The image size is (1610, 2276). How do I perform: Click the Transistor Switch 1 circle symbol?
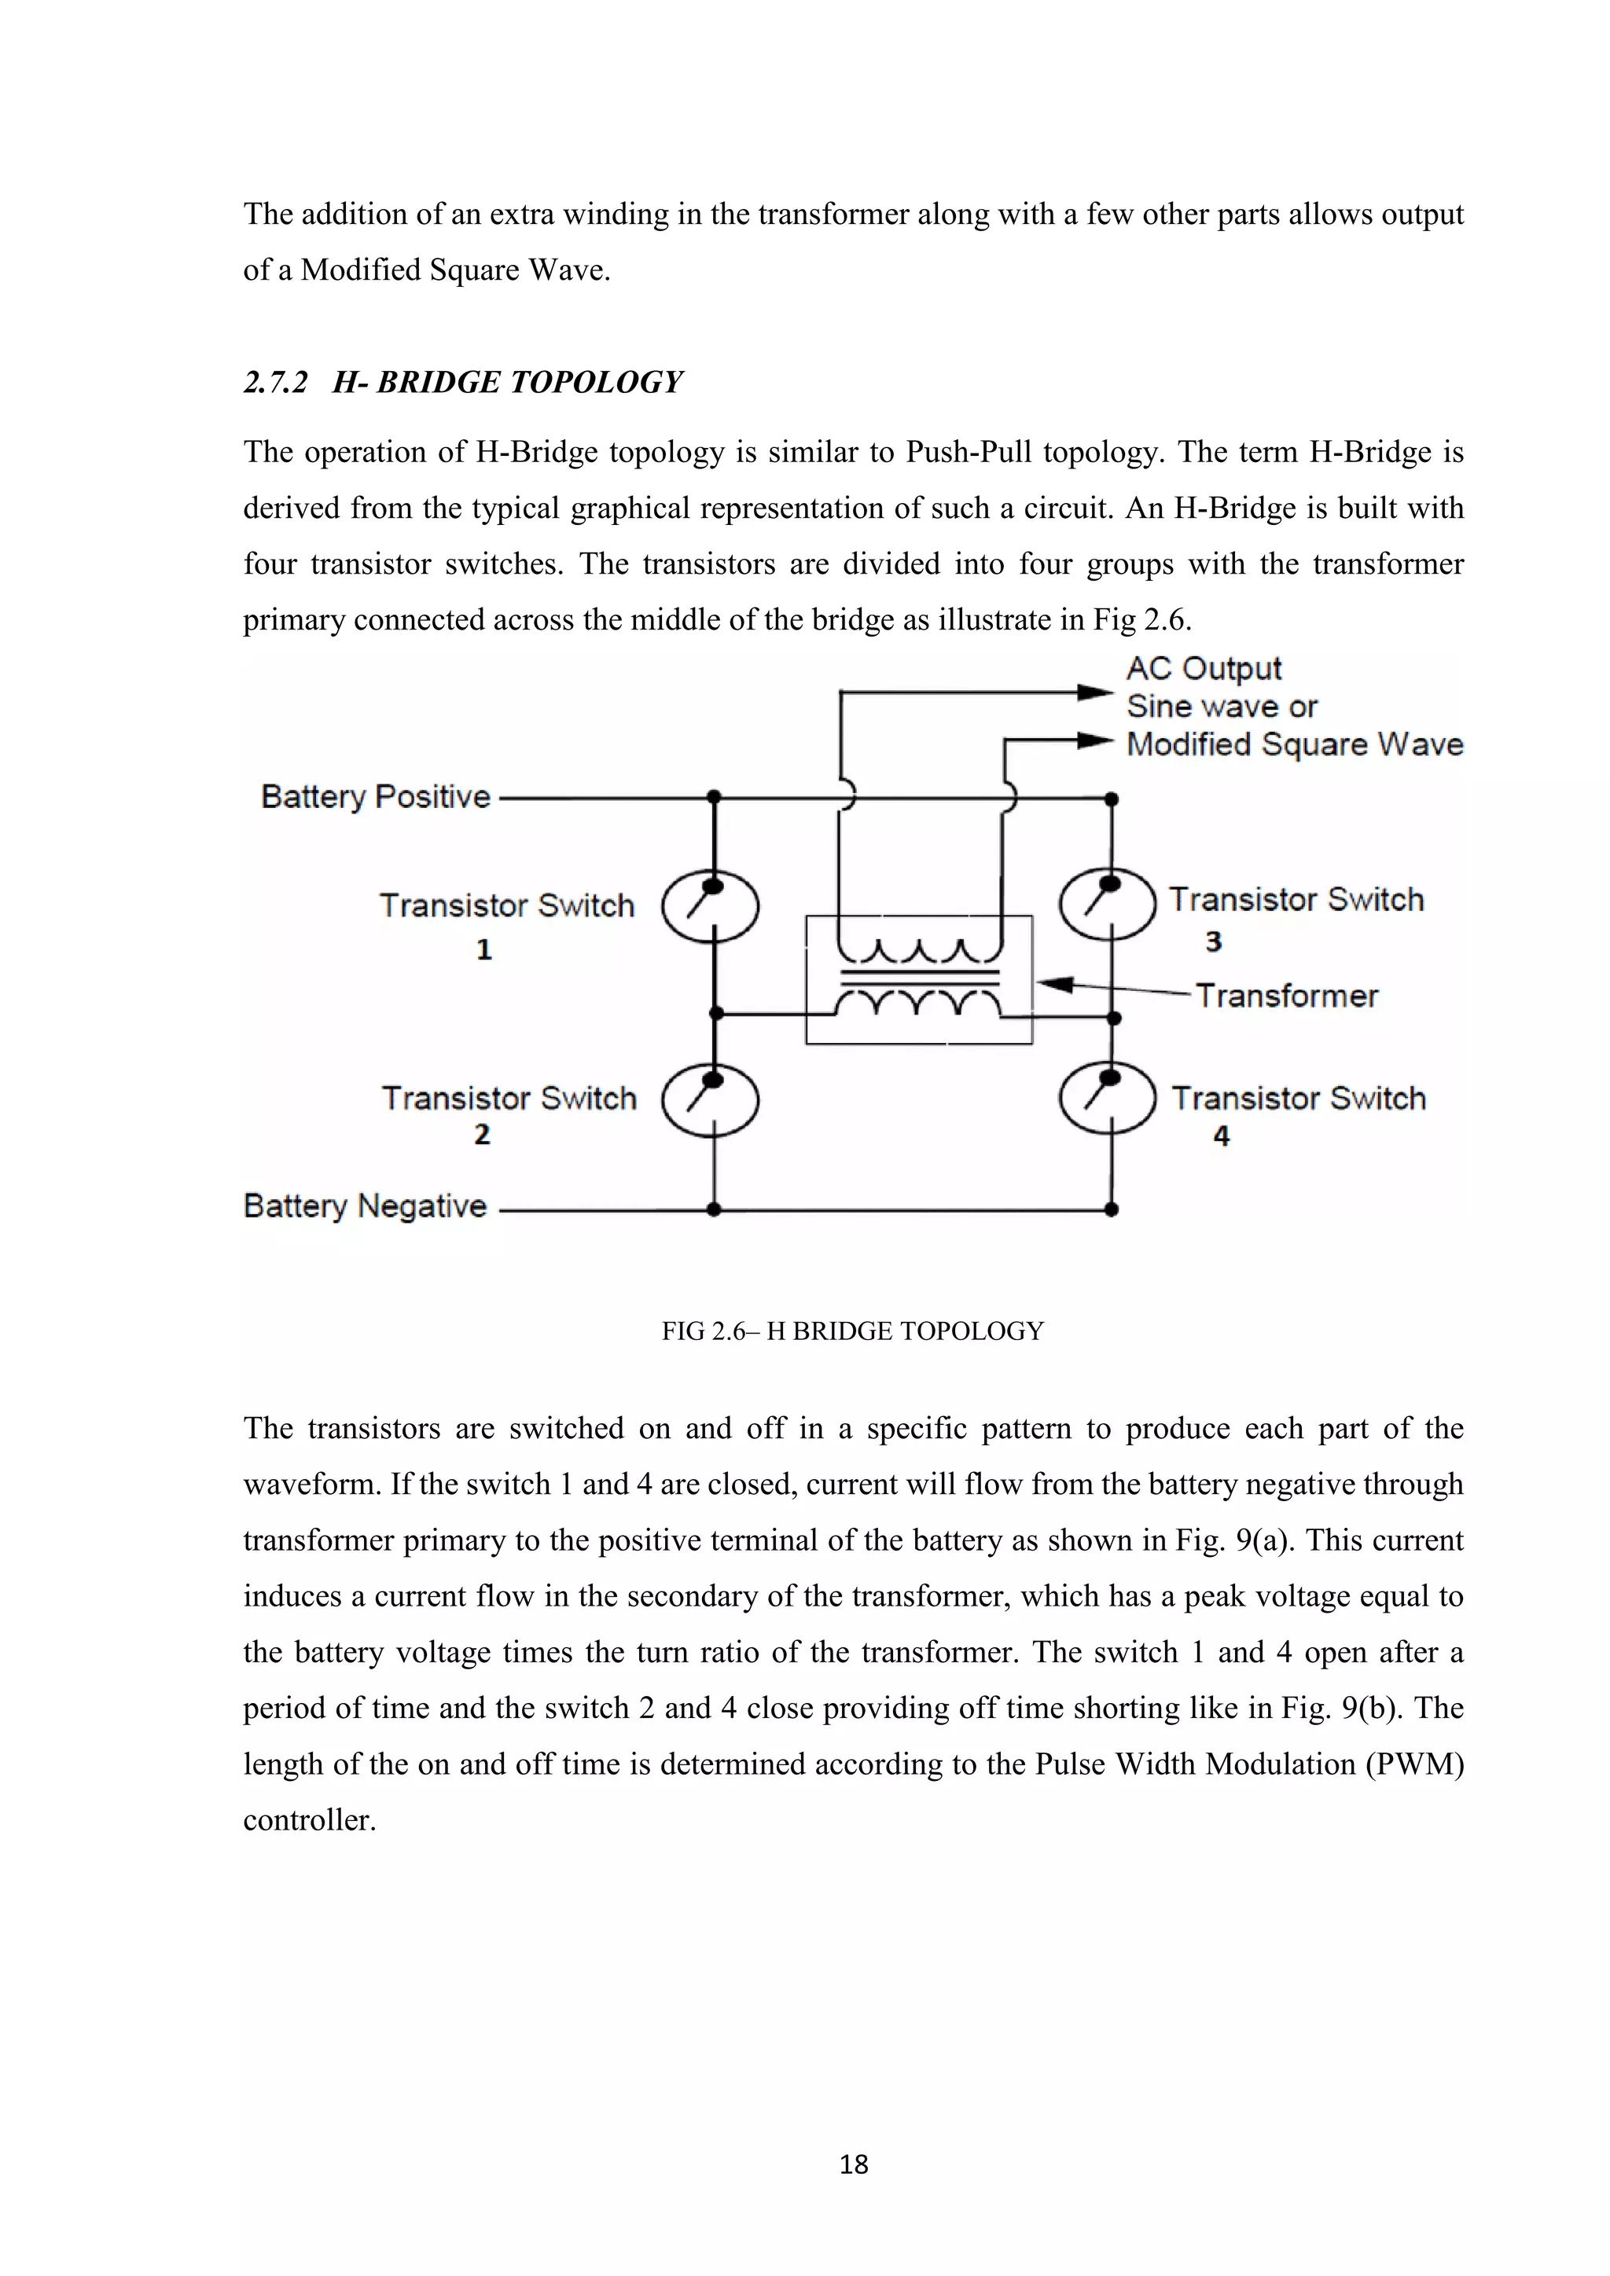tap(710, 906)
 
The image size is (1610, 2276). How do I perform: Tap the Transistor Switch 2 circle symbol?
tap(710, 1100)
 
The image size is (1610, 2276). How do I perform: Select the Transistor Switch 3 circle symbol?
tap(1108, 904)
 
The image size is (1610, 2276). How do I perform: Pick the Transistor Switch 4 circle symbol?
tap(1108, 1099)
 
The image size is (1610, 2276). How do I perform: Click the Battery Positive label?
tap(375, 797)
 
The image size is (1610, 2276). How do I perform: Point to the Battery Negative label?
tap(365, 1206)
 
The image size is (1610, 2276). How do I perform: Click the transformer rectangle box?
tap(918, 979)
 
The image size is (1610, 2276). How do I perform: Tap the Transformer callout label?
tap(1286, 995)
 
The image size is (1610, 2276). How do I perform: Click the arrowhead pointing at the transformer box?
tap(1055, 984)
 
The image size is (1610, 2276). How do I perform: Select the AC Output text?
tap(1204, 669)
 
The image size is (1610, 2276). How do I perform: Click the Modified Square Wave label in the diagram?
tap(1294, 744)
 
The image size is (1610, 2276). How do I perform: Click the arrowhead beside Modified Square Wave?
tap(1094, 740)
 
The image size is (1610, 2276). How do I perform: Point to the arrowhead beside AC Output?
tap(1094, 692)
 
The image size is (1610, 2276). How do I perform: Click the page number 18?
tap(854, 2165)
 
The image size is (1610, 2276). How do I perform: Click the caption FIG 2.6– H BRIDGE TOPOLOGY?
tap(853, 1331)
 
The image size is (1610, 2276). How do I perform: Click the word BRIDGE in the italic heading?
tap(438, 383)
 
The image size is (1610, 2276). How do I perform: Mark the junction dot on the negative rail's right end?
tap(1112, 1210)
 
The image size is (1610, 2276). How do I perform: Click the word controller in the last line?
tap(309, 1820)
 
